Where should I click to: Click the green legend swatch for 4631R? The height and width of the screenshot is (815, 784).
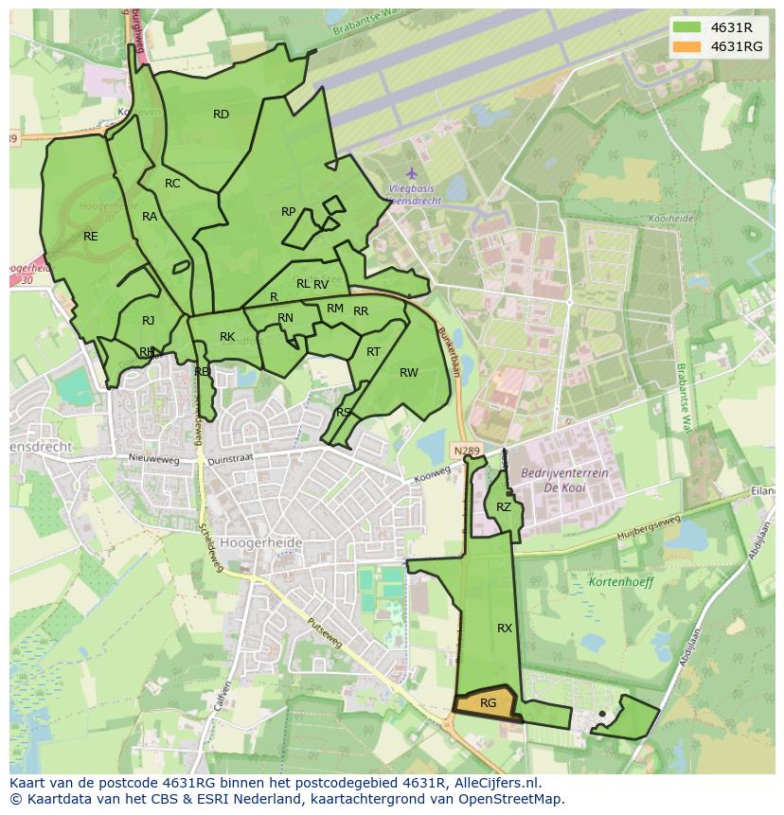tap(687, 27)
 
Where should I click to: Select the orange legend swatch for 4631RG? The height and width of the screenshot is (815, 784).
tap(687, 46)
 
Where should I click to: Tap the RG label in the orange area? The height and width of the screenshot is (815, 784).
tap(488, 703)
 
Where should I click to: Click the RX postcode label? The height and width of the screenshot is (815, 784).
tap(505, 628)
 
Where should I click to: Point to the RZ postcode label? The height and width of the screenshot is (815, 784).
tap(504, 507)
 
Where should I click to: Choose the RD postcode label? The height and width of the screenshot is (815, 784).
tap(221, 115)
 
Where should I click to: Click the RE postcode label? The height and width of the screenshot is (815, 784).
tap(91, 237)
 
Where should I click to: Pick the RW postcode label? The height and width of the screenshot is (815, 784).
tap(408, 373)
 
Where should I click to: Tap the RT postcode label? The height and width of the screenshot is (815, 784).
tap(373, 352)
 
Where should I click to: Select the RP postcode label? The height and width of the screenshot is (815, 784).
tap(289, 212)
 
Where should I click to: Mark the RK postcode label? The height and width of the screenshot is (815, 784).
tap(227, 337)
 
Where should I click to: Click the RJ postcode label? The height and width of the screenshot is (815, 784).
tap(149, 321)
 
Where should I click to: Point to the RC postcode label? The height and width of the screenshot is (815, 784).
tap(172, 184)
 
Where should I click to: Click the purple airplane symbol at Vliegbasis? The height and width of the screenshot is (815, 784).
tap(411, 174)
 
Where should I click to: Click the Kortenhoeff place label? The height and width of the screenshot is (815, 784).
tap(621, 582)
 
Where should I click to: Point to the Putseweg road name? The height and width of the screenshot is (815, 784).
tap(328, 636)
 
